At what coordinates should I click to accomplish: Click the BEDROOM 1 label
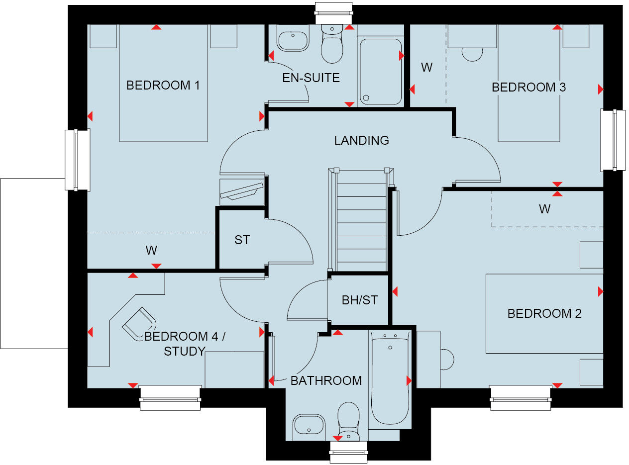click(163, 86)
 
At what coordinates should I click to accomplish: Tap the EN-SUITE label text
click(311, 78)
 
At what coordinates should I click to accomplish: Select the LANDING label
click(361, 141)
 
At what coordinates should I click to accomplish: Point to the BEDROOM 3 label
click(528, 88)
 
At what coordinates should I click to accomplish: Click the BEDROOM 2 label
click(544, 314)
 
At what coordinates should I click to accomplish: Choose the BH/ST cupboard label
click(359, 300)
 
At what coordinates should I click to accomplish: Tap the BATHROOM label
click(326, 381)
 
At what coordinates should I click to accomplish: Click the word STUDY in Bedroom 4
click(184, 352)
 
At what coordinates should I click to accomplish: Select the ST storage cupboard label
click(242, 240)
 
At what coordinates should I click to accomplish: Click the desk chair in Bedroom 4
click(139, 323)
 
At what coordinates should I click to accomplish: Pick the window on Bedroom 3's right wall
click(613, 140)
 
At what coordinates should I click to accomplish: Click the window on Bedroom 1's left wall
click(78, 160)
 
